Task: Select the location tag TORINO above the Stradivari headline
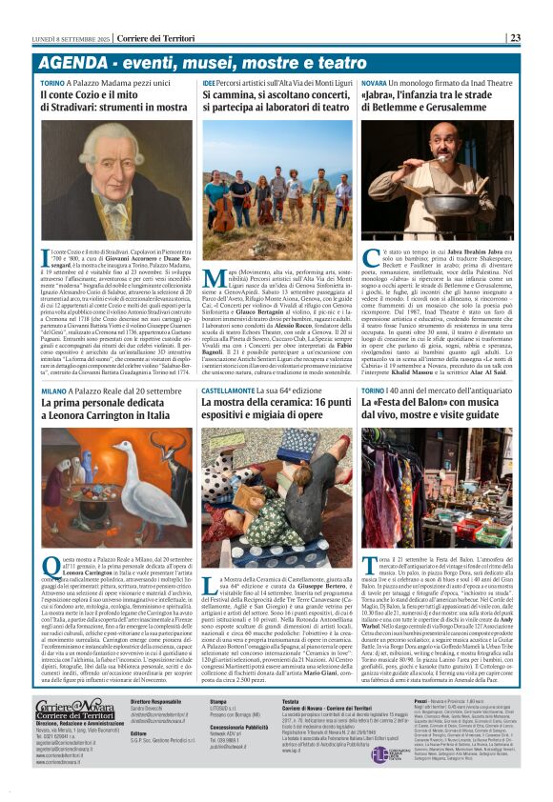click(x=53, y=84)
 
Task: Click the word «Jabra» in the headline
click(x=380, y=96)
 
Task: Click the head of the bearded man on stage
click(x=440, y=150)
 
